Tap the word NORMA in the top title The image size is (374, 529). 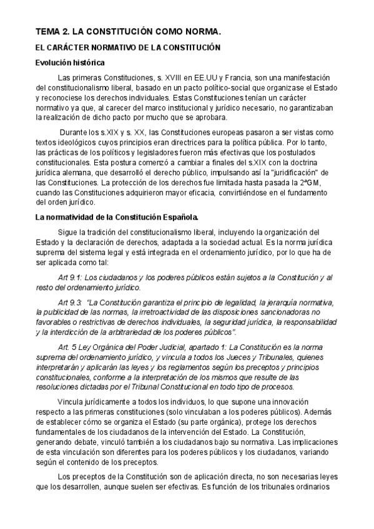pyautogui.click(x=200, y=31)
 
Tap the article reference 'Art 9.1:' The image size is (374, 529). pyautogui.click(x=70, y=278)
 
